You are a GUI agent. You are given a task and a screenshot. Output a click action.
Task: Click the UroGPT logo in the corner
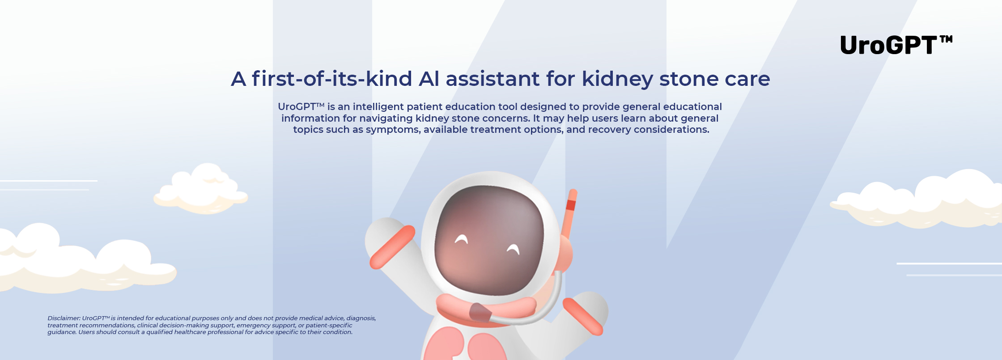coord(896,45)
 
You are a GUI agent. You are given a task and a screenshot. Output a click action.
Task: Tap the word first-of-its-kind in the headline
coord(331,79)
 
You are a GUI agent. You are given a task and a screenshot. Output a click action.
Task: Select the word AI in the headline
coord(429,79)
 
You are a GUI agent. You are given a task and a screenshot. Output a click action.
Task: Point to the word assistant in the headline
coord(493,79)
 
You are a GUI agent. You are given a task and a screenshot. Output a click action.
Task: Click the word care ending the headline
coord(747,80)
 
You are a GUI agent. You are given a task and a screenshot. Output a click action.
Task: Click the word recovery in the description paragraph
coord(609,130)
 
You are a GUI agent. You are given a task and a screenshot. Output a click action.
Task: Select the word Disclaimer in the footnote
coord(64,318)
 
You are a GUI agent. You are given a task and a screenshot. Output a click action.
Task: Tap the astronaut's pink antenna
coord(570,214)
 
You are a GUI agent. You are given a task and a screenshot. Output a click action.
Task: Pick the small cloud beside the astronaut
coord(201,189)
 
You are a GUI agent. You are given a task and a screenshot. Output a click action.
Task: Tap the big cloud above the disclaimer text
coord(85,258)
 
